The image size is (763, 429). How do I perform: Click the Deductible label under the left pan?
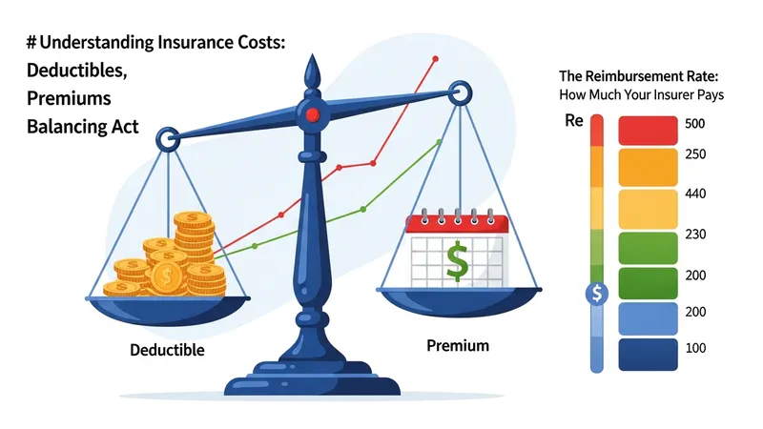click(167, 350)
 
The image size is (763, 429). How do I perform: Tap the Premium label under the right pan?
click(458, 345)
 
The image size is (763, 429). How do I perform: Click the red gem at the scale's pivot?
click(313, 114)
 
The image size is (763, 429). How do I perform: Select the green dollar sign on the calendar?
click(458, 261)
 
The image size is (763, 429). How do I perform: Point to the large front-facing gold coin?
click(167, 276)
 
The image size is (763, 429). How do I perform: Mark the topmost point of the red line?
click(436, 59)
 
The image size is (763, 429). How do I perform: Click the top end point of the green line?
click(440, 141)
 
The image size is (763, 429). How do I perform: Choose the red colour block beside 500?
click(648, 131)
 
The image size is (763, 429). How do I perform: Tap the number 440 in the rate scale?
click(695, 194)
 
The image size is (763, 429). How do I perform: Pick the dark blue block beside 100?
click(648, 355)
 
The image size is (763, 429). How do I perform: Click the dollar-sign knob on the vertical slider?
click(597, 294)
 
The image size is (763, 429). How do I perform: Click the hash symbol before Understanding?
click(31, 43)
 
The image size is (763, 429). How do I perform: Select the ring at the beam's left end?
click(168, 139)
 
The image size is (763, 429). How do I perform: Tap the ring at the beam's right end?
click(460, 92)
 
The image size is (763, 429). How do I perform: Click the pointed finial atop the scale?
click(313, 71)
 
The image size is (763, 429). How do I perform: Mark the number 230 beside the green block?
click(695, 235)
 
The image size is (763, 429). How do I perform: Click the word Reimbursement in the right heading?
click(638, 76)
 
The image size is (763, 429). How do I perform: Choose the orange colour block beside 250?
click(648, 168)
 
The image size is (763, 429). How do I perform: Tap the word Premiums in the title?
click(69, 98)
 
